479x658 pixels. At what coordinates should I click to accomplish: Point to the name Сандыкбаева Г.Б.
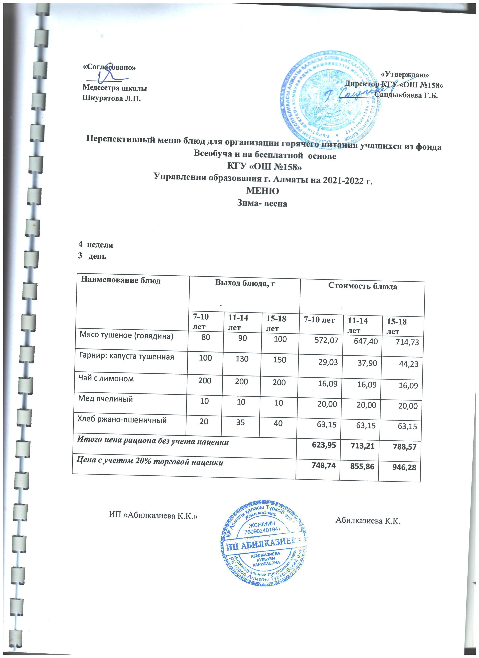coord(406,95)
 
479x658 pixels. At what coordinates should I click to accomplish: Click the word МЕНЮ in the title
coord(263,191)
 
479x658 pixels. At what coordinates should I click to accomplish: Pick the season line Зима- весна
coord(263,203)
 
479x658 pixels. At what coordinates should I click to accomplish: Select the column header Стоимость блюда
coord(363,286)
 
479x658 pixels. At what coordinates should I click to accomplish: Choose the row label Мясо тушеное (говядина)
coord(126,336)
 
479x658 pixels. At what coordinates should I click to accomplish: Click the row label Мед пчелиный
coord(105,399)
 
